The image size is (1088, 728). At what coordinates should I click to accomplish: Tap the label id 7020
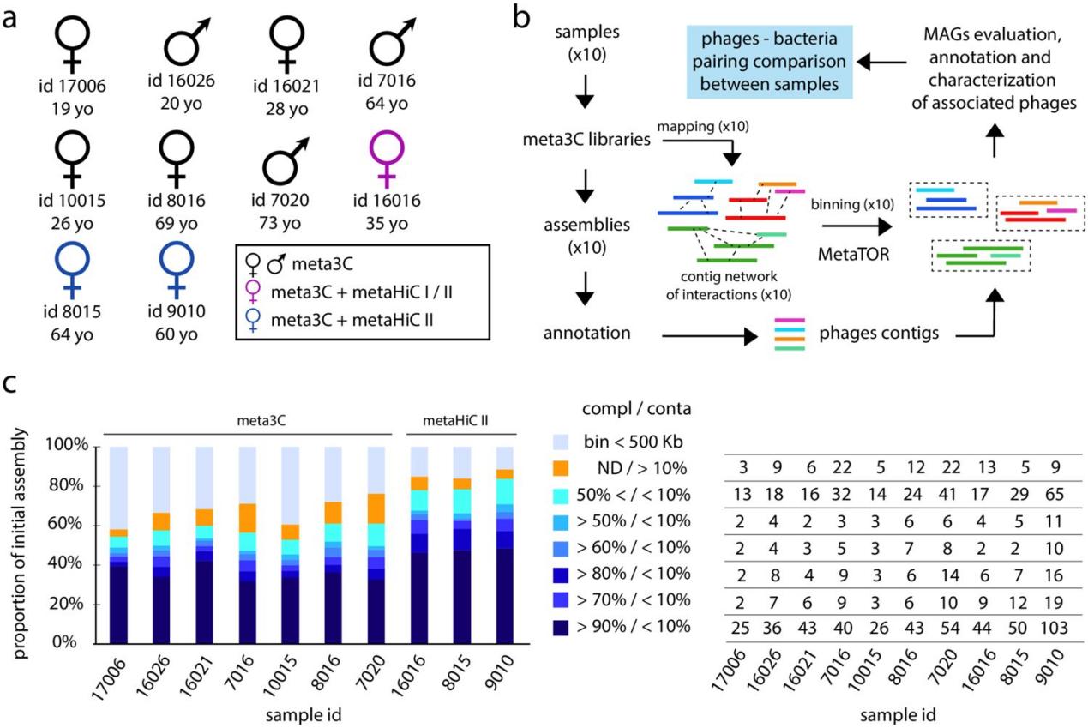tap(280, 200)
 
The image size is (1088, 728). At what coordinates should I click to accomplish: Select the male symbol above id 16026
tap(187, 42)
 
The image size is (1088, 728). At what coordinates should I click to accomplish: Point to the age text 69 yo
tap(177, 224)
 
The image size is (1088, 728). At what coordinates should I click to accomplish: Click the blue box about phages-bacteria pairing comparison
tap(769, 62)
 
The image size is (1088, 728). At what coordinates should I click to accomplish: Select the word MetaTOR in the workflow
tap(853, 254)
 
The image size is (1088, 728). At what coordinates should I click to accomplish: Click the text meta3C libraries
tap(586, 140)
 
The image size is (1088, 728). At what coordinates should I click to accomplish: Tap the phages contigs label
tap(879, 333)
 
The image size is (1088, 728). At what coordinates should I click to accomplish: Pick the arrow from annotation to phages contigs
tap(710, 335)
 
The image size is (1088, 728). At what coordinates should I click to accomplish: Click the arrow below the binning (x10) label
tap(857, 226)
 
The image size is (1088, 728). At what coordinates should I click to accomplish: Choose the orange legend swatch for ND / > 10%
tap(561, 468)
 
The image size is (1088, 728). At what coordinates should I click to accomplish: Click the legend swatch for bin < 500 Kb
tap(561, 442)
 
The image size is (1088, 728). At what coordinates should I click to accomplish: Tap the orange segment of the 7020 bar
tap(376, 508)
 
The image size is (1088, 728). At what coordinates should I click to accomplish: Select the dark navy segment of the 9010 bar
tap(505, 596)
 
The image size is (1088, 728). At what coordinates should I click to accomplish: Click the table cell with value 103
tap(1054, 628)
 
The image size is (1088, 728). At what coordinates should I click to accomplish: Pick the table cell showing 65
tap(1055, 495)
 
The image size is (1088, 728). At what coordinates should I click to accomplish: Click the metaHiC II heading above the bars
tap(455, 420)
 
